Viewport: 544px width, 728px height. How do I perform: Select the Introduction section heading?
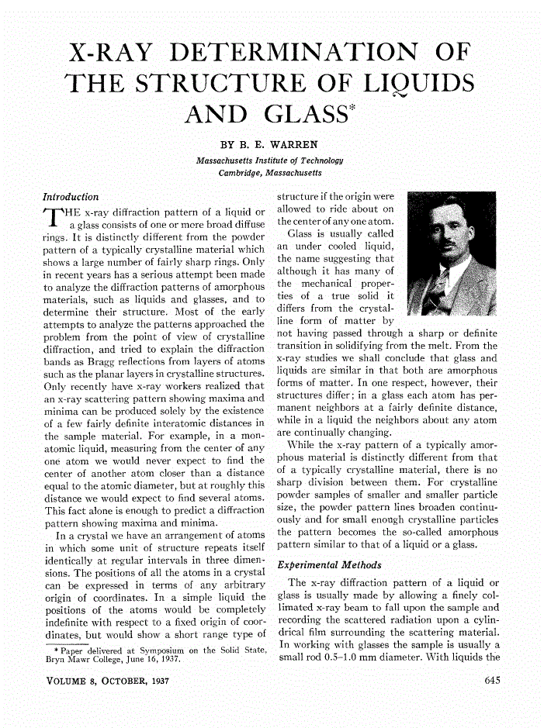point(71,197)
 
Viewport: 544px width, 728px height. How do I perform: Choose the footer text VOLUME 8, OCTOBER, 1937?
point(106,681)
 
